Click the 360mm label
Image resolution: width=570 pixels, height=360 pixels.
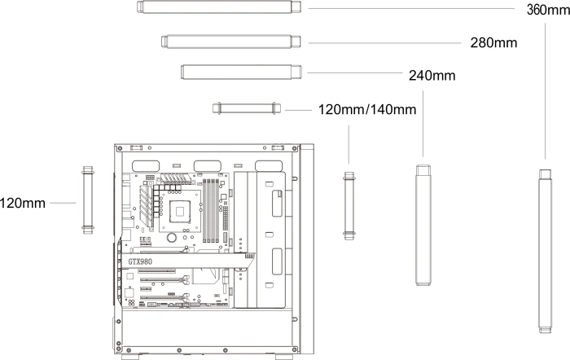pyautogui.click(x=548, y=10)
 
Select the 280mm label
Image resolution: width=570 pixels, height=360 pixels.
pyautogui.click(x=493, y=43)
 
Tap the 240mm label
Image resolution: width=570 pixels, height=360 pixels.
pyautogui.click(x=432, y=76)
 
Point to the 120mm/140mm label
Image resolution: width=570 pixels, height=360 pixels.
pyautogui.click(x=367, y=109)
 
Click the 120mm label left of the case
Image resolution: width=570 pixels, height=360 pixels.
pyautogui.click(x=23, y=204)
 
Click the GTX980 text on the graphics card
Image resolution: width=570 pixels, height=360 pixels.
pyautogui.click(x=140, y=261)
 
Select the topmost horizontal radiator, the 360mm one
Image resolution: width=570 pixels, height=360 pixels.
pyautogui.click(x=219, y=7)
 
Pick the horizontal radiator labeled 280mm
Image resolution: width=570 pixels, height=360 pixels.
pyautogui.click(x=231, y=42)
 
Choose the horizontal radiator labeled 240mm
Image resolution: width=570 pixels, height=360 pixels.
pyautogui.click(x=241, y=72)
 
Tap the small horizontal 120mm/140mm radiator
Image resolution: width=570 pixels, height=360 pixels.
pyautogui.click(x=247, y=108)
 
